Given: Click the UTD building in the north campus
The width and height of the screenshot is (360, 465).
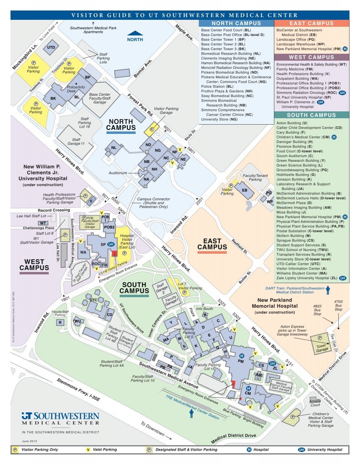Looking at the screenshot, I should tap(51, 48).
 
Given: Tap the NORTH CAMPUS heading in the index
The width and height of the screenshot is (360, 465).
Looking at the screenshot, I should tap(236, 23).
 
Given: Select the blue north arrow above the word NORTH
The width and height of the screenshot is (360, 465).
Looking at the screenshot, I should tap(135, 33).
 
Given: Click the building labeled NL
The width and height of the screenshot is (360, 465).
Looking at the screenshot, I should tap(114, 148).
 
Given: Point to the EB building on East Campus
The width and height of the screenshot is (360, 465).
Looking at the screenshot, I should tap(245, 190).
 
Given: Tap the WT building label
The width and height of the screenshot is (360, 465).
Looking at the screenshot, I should tap(43, 223).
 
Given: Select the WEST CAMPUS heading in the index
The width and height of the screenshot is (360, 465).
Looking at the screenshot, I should tap(311, 57).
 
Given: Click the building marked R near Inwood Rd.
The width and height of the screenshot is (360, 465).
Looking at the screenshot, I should tap(60, 322).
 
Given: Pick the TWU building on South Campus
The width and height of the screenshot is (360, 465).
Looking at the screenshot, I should tap(77, 321).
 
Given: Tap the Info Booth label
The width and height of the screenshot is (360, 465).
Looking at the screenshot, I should tap(204, 309).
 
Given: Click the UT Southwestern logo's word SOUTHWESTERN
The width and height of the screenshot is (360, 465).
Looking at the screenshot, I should tap(66, 416).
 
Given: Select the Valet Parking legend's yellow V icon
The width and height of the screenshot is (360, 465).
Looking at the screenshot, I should tap(88, 450).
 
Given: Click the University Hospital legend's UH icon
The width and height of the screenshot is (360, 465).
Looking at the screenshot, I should tap(301, 450).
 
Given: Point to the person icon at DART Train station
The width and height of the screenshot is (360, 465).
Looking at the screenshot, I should tap(328, 290).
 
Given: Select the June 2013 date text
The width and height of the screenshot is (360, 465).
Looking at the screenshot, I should tap(29, 441).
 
